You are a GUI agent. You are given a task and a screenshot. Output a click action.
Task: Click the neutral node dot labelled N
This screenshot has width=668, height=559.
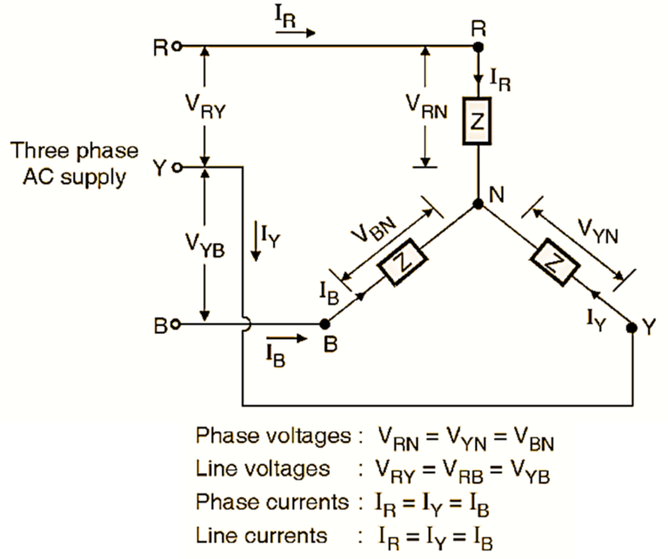point(478,204)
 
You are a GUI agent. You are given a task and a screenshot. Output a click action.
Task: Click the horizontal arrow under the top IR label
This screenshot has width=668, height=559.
point(296,33)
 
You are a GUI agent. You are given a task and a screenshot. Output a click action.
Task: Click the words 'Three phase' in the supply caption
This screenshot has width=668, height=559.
point(74,150)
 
